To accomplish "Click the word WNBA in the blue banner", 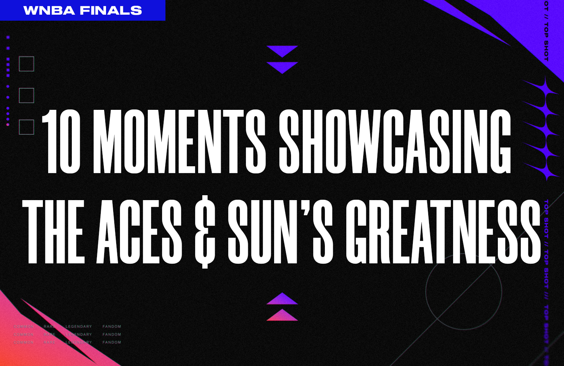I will click(50, 11).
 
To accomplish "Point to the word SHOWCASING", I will click(395, 142).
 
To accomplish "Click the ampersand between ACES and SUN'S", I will click(205, 233).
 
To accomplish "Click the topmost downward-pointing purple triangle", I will click(282, 50).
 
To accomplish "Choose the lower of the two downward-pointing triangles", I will click(282, 67).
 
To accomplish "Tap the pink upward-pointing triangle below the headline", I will click(282, 316).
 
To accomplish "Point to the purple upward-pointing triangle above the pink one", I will click(282, 299).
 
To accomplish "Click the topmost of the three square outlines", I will click(27, 64).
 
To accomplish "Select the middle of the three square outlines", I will click(27, 96).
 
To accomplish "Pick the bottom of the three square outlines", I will click(27, 127).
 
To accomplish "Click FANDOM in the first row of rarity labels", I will click(112, 327).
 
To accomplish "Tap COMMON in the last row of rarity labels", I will click(24, 342).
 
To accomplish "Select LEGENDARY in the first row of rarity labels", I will click(79, 327).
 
